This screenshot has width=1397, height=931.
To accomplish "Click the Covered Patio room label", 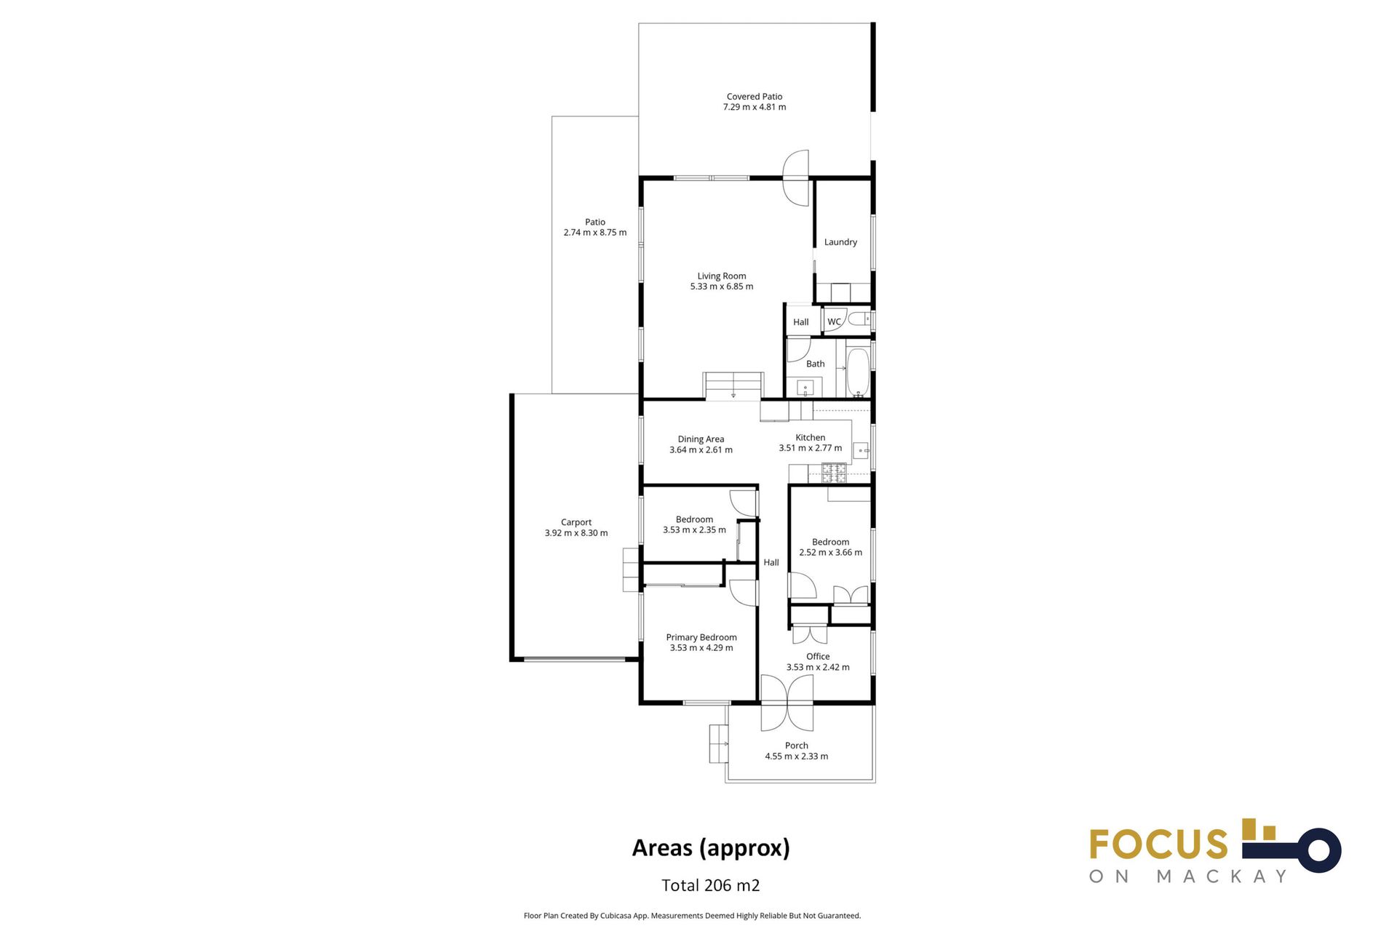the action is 755,96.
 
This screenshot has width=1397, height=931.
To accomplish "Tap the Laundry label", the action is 840,242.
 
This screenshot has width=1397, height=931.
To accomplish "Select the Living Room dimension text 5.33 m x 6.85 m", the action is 722,287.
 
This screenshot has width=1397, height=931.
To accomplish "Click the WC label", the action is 834,321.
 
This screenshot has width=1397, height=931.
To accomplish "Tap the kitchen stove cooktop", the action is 835,473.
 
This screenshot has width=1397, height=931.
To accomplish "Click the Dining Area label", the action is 701,439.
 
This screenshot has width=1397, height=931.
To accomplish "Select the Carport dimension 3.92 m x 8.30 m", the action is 576,533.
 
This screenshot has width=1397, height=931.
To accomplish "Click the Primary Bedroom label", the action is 701,637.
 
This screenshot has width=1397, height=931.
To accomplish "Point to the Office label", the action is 818,656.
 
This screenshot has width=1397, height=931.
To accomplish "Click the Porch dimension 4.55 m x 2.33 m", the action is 797,756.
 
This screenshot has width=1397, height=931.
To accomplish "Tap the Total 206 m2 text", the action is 711,885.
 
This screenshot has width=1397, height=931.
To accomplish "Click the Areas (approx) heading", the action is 711,848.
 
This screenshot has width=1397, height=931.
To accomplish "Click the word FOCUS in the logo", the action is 1158,844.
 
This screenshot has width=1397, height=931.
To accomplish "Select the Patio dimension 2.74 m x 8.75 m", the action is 595,233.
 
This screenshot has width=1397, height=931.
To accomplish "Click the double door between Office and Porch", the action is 787,703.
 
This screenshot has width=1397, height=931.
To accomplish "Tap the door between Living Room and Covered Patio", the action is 796,177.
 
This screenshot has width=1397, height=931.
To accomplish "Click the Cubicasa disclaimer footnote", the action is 692,916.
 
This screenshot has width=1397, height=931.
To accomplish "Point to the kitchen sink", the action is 861,451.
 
